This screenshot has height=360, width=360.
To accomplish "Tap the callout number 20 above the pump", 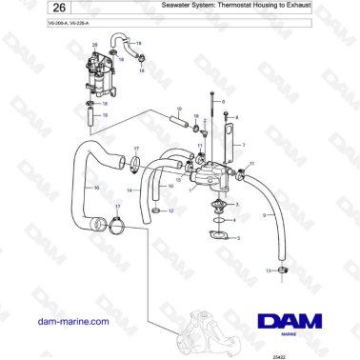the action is tap(93, 46).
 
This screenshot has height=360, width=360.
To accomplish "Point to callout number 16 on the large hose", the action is tap(96, 188).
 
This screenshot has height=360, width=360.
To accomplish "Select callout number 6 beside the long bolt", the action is tap(222, 100).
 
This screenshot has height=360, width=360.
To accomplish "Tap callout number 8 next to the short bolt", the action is tap(237, 115).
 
